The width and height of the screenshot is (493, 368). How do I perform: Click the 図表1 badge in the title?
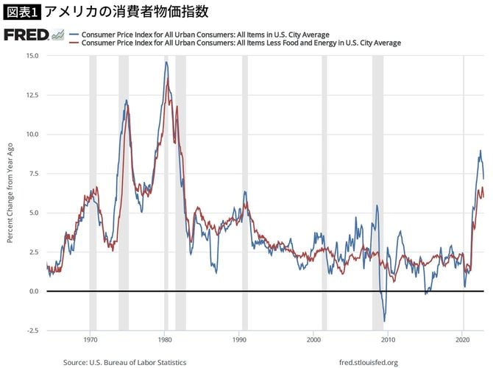[22, 12]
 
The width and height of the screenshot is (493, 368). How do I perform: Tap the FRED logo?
[28, 36]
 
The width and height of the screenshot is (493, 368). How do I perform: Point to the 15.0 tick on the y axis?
[32, 56]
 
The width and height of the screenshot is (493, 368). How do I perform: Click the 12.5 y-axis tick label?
[32, 95]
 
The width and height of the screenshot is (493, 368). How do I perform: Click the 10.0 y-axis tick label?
[32, 134]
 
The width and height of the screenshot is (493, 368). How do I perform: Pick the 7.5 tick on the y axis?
[34, 174]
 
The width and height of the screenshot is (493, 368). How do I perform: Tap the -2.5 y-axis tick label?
[33, 330]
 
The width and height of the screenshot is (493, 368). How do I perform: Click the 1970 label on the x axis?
[91, 340]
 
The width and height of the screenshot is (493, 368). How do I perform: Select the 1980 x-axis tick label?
[165, 340]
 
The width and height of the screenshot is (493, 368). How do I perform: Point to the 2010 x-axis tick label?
[389, 340]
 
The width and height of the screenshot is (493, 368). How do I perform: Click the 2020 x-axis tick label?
[463, 340]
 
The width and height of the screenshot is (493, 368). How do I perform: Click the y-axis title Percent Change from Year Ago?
[10, 193]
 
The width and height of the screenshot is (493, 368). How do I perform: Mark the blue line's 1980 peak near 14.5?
[166, 63]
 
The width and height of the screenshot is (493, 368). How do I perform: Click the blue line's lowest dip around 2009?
[384, 321]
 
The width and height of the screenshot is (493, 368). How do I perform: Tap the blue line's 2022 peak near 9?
[480, 151]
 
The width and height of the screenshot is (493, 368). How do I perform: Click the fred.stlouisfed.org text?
[369, 362]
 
